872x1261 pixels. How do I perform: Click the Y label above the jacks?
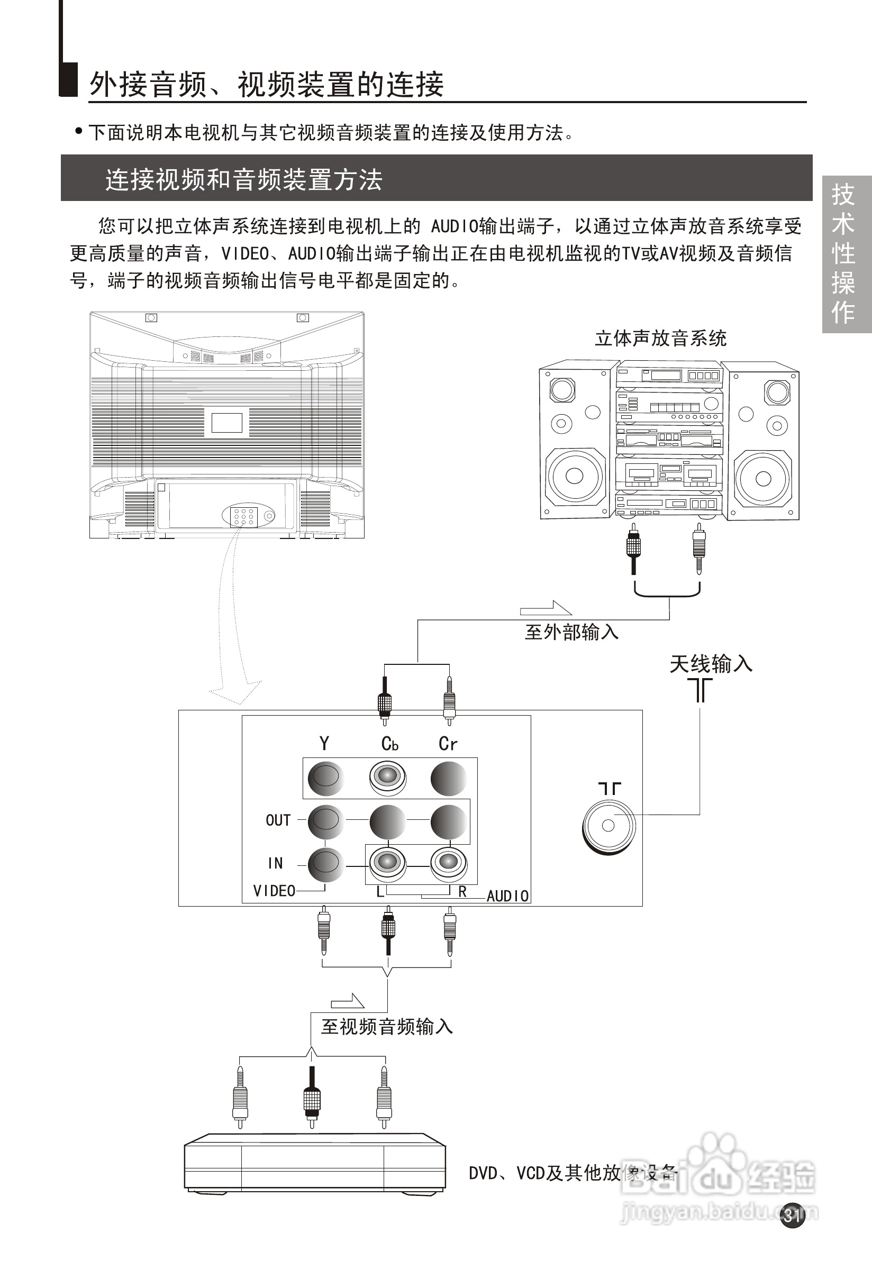coord(324,743)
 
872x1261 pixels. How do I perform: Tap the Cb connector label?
coord(389,744)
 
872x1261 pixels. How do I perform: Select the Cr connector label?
coord(448,744)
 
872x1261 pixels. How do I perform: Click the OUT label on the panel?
coord(278,820)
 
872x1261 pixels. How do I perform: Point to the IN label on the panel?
coord(275,863)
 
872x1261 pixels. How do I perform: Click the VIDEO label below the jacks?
coord(274,891)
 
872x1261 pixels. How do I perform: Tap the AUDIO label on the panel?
coord(507,896)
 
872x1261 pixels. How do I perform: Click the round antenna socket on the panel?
coord(608,825)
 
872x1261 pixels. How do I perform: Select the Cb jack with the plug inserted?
coord(387,776)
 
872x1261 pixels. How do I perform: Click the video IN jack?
coord(325,863)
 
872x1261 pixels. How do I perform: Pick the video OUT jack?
coord(325,820)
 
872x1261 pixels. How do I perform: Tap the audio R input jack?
coord(449,863)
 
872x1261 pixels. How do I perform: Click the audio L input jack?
coord(387,863)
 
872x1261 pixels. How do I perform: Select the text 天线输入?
coord(711,664)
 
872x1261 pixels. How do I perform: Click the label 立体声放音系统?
coord(660,339)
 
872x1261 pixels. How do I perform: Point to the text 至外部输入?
coord(571,633)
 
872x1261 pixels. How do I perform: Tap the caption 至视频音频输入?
coord(387,1027)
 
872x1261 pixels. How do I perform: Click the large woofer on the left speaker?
coord(574,476)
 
